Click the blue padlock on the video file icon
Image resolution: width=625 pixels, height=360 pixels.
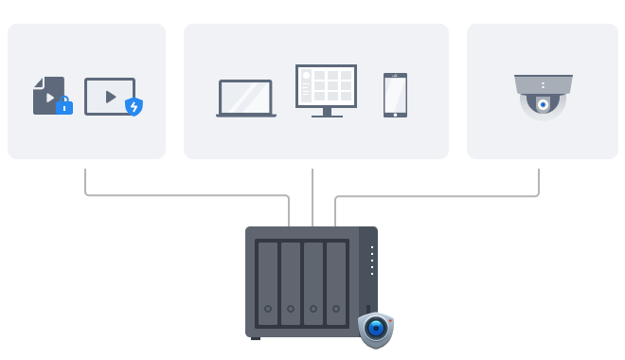64,106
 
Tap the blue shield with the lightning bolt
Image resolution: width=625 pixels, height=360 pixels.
134,106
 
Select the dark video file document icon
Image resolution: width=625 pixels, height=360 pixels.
46,95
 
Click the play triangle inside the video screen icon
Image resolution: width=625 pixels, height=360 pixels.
110,97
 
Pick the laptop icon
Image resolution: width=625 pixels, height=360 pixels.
246,99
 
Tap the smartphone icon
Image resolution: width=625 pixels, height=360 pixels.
395,95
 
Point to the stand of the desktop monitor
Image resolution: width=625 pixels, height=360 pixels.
326,113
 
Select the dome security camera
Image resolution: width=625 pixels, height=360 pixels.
543,97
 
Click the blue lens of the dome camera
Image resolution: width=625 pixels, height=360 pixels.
543,105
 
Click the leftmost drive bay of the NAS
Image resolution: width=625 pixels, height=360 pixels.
268,281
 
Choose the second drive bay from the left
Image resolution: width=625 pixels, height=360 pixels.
290,281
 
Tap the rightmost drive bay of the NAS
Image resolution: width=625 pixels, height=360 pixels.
336,281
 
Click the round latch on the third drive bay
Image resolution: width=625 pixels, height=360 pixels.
313,309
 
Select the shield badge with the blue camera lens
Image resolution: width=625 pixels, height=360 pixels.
376,329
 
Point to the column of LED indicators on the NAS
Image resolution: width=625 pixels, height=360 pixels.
372,261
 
